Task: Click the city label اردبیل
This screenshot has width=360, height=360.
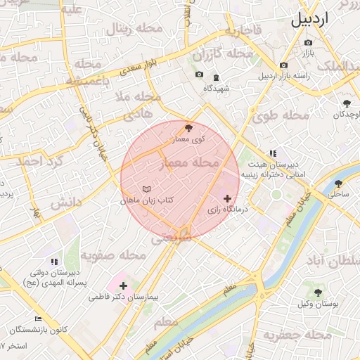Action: [309, 19]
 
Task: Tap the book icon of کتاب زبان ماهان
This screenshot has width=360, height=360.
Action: [146, 190]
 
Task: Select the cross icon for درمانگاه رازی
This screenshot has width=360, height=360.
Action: [226, 199]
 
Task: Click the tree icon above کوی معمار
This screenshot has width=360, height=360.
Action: [188, 127]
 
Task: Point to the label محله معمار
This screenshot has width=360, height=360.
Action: [191, 163]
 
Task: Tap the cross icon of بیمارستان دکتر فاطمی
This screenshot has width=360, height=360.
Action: [124, 285]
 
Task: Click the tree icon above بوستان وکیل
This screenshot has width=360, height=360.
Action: [318, 292]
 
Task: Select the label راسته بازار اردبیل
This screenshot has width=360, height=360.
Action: [285, 75]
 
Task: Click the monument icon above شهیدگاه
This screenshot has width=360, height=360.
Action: [215, 77]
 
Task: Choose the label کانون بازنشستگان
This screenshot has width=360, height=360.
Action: [39, 330]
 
